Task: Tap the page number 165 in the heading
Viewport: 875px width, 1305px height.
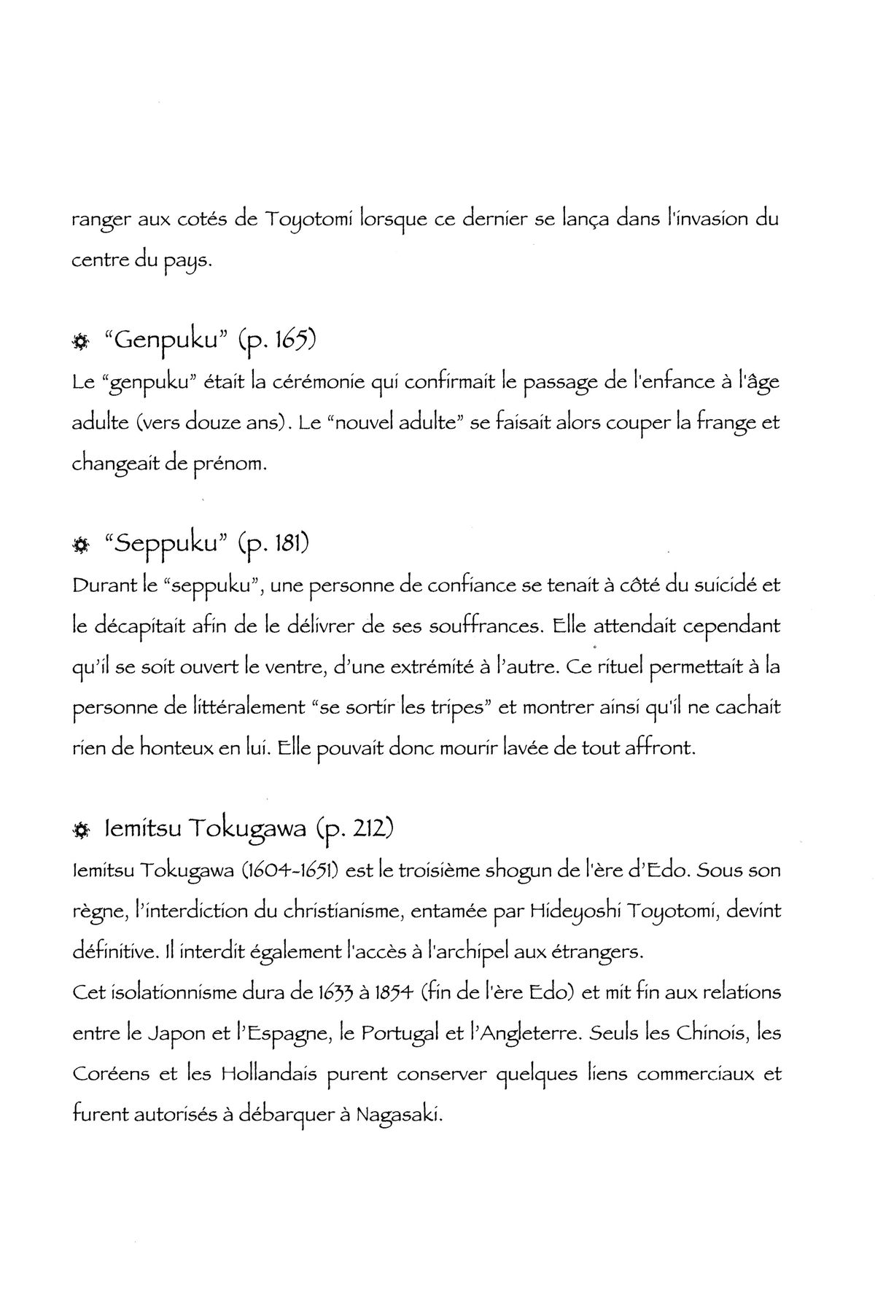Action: (295, 340)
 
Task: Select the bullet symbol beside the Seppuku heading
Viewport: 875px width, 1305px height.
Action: (80, 545)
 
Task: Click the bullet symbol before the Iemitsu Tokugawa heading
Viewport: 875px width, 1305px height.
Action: (80, 830)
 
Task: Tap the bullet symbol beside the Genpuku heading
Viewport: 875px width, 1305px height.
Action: (80, 341)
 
